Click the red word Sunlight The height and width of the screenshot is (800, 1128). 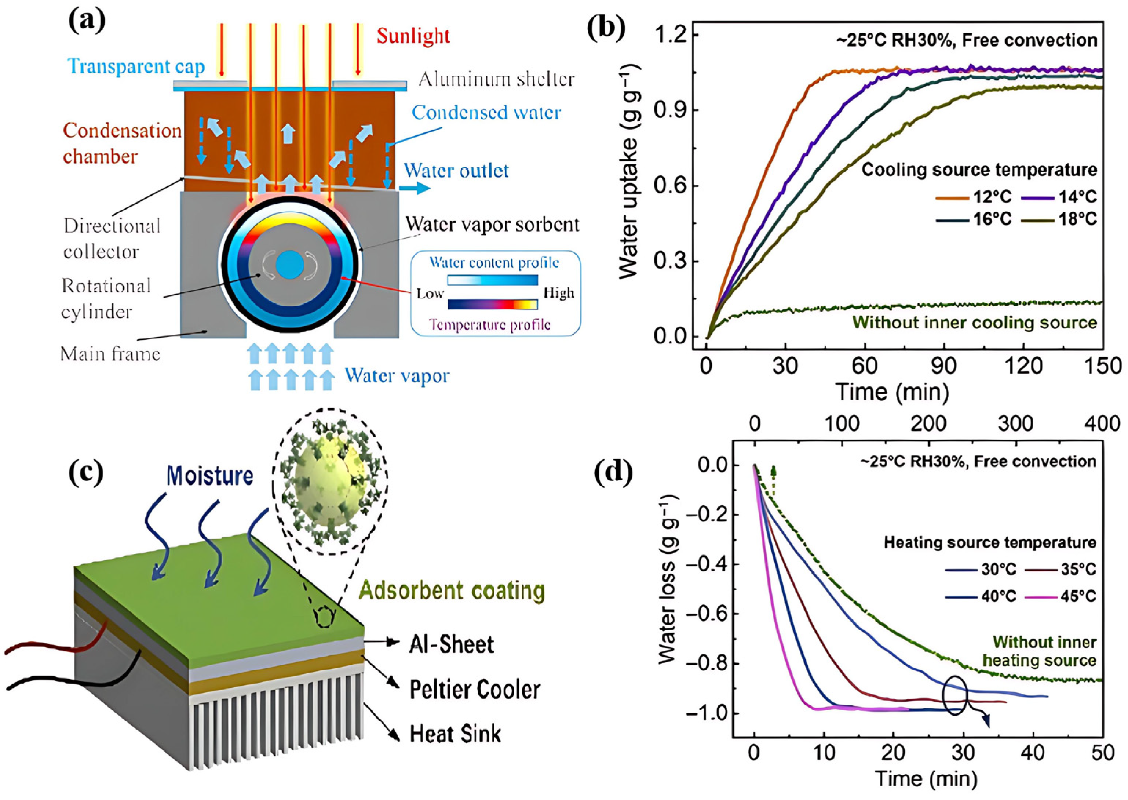tap(413, 36)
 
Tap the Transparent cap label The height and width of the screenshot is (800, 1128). tap(136, 66)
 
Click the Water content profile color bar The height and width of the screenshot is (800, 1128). tap(492, 280)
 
